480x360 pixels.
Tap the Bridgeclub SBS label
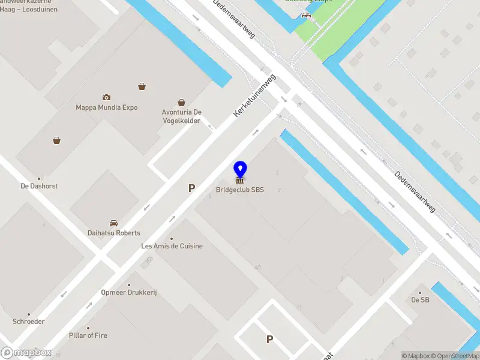tap(240, 190)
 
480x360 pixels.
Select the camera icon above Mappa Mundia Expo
tap(106, 97)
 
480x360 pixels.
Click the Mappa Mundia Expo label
tap(106, 108)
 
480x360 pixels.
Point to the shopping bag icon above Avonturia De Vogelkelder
tap(181, 103)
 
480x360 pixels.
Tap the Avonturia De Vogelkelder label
tap(181, 116)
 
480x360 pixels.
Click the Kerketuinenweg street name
tap(254, 95)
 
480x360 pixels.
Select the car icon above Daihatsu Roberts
tap(113, 223)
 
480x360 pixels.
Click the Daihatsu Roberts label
tap(113, 233)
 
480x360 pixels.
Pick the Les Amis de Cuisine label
tap(172, 246)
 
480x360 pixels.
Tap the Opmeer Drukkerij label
tap(128, 292)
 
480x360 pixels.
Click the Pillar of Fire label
tap(88, 335)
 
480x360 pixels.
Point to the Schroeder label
tap(28, 322)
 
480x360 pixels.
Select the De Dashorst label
tap(39, 186)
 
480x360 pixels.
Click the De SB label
tap(420, 300)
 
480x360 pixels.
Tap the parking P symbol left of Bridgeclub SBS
tap(191, 188)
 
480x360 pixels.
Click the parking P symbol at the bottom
tap(269, 339)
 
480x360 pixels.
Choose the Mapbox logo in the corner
tap(26, 352)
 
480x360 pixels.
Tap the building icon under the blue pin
tap(240, 180)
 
